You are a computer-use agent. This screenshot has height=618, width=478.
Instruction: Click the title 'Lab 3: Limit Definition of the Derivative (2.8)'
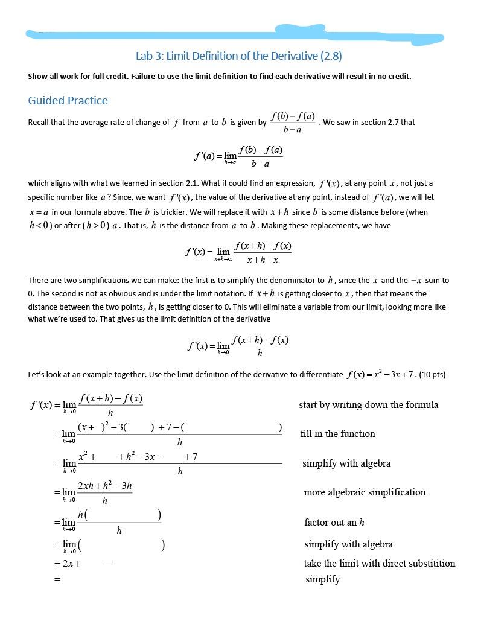[x=238, y=56]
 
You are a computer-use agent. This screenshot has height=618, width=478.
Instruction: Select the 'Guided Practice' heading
[x=68, y=100]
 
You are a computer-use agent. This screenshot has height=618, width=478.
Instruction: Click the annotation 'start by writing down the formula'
[x=368, y=404]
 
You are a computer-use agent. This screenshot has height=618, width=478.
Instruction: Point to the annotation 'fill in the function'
[x=337, y=433]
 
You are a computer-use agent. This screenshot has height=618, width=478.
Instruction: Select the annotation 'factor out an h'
[x=334, y=522]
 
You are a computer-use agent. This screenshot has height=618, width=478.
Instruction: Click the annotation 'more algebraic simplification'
[x=365, y=492]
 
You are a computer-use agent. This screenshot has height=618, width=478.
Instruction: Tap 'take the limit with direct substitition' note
[x=379, y=563]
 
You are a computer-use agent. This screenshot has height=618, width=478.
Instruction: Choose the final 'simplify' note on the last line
[x=322, y=579]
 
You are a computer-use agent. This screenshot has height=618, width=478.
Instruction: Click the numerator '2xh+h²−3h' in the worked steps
[x=105, y=486]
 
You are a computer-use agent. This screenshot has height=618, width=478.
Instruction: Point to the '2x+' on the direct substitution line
[x=72, y=564]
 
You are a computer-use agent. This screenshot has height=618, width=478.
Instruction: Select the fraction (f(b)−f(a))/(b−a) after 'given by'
[x=293, y=122]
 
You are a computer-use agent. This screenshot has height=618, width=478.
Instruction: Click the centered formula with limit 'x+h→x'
[x=238, y=252]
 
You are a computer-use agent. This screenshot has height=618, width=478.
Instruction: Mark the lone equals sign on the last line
[x=57, y=579]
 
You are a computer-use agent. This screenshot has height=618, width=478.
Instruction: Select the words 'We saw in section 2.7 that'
[x=369, y=122]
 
